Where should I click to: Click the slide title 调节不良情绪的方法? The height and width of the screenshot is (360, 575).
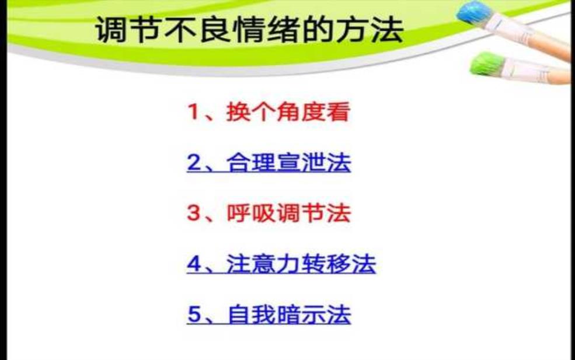coord(249,29)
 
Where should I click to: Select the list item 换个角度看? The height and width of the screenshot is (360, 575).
coord(288,111)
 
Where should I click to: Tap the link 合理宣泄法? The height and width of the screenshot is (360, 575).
coord(288,162)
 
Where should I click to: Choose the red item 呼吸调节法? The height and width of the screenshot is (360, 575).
coord(288,213)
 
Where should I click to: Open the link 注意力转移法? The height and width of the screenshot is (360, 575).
coord(301,264)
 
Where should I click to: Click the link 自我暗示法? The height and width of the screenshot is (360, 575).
coord(289,314)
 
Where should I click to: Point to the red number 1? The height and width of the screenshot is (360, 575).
coord(193,111)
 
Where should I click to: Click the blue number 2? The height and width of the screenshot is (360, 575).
coord(194,162)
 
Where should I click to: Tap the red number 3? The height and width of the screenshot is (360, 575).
coord(194,213)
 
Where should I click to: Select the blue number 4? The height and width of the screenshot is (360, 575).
coord(194,264)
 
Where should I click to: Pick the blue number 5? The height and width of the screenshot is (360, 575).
coord(194,314)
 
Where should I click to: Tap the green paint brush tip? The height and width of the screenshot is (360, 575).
coord(486,64)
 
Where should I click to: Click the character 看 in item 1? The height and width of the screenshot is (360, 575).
coord(338,111)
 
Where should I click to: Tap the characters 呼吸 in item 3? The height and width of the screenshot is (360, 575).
coord(251,213)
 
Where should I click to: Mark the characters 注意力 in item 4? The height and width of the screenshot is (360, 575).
coord(263,264)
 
